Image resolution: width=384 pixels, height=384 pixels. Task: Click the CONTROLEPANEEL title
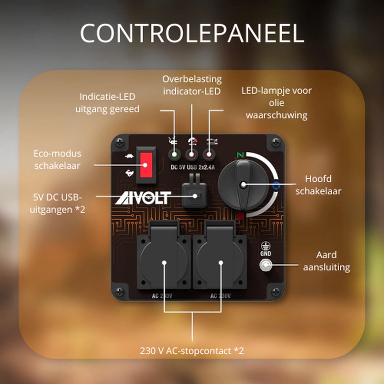coord(192,33)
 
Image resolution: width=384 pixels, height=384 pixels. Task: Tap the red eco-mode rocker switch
coord(146,165)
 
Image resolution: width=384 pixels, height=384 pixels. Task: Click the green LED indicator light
coord(175,155)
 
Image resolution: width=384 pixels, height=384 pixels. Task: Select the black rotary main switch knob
coord(243,185)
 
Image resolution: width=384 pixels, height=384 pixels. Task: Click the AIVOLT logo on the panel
coord(143,198)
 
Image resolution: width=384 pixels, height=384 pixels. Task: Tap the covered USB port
coord(194,193)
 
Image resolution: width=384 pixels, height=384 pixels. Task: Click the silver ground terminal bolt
coord(266,265)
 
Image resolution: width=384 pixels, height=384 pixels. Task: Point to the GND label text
coord(266,253)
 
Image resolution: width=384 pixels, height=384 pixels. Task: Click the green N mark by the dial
coord(241,155)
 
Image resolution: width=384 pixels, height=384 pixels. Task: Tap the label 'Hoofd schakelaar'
coord(318,185)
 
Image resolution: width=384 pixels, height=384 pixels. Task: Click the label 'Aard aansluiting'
coord(326,261)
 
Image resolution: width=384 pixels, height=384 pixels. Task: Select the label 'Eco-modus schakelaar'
coord(57,160)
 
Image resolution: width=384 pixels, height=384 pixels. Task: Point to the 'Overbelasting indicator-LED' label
coord(192,85)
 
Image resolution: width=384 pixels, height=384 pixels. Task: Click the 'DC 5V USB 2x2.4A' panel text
coord(193,167)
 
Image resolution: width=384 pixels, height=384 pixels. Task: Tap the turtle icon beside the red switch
coord(130,156)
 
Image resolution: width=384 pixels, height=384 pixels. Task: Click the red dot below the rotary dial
coord(240,216)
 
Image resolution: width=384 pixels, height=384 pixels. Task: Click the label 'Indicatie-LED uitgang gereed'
coord(108,103)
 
